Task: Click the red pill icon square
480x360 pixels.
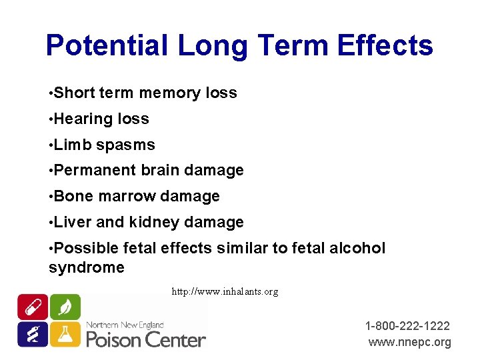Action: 32,307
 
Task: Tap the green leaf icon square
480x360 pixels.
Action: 65,307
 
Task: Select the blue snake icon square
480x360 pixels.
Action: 32,333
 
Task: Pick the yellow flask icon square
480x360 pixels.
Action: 65,333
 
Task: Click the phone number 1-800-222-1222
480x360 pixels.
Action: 407,326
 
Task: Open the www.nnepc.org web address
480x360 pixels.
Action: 409,342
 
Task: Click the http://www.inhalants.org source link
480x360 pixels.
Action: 225,291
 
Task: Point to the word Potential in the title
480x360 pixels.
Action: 107,46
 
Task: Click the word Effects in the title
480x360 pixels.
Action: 385,46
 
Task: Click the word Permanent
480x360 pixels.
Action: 95,171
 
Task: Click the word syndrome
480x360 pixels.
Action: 87,268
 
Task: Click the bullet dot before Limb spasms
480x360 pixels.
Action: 51,145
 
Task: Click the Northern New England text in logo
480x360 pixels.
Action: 125,325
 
